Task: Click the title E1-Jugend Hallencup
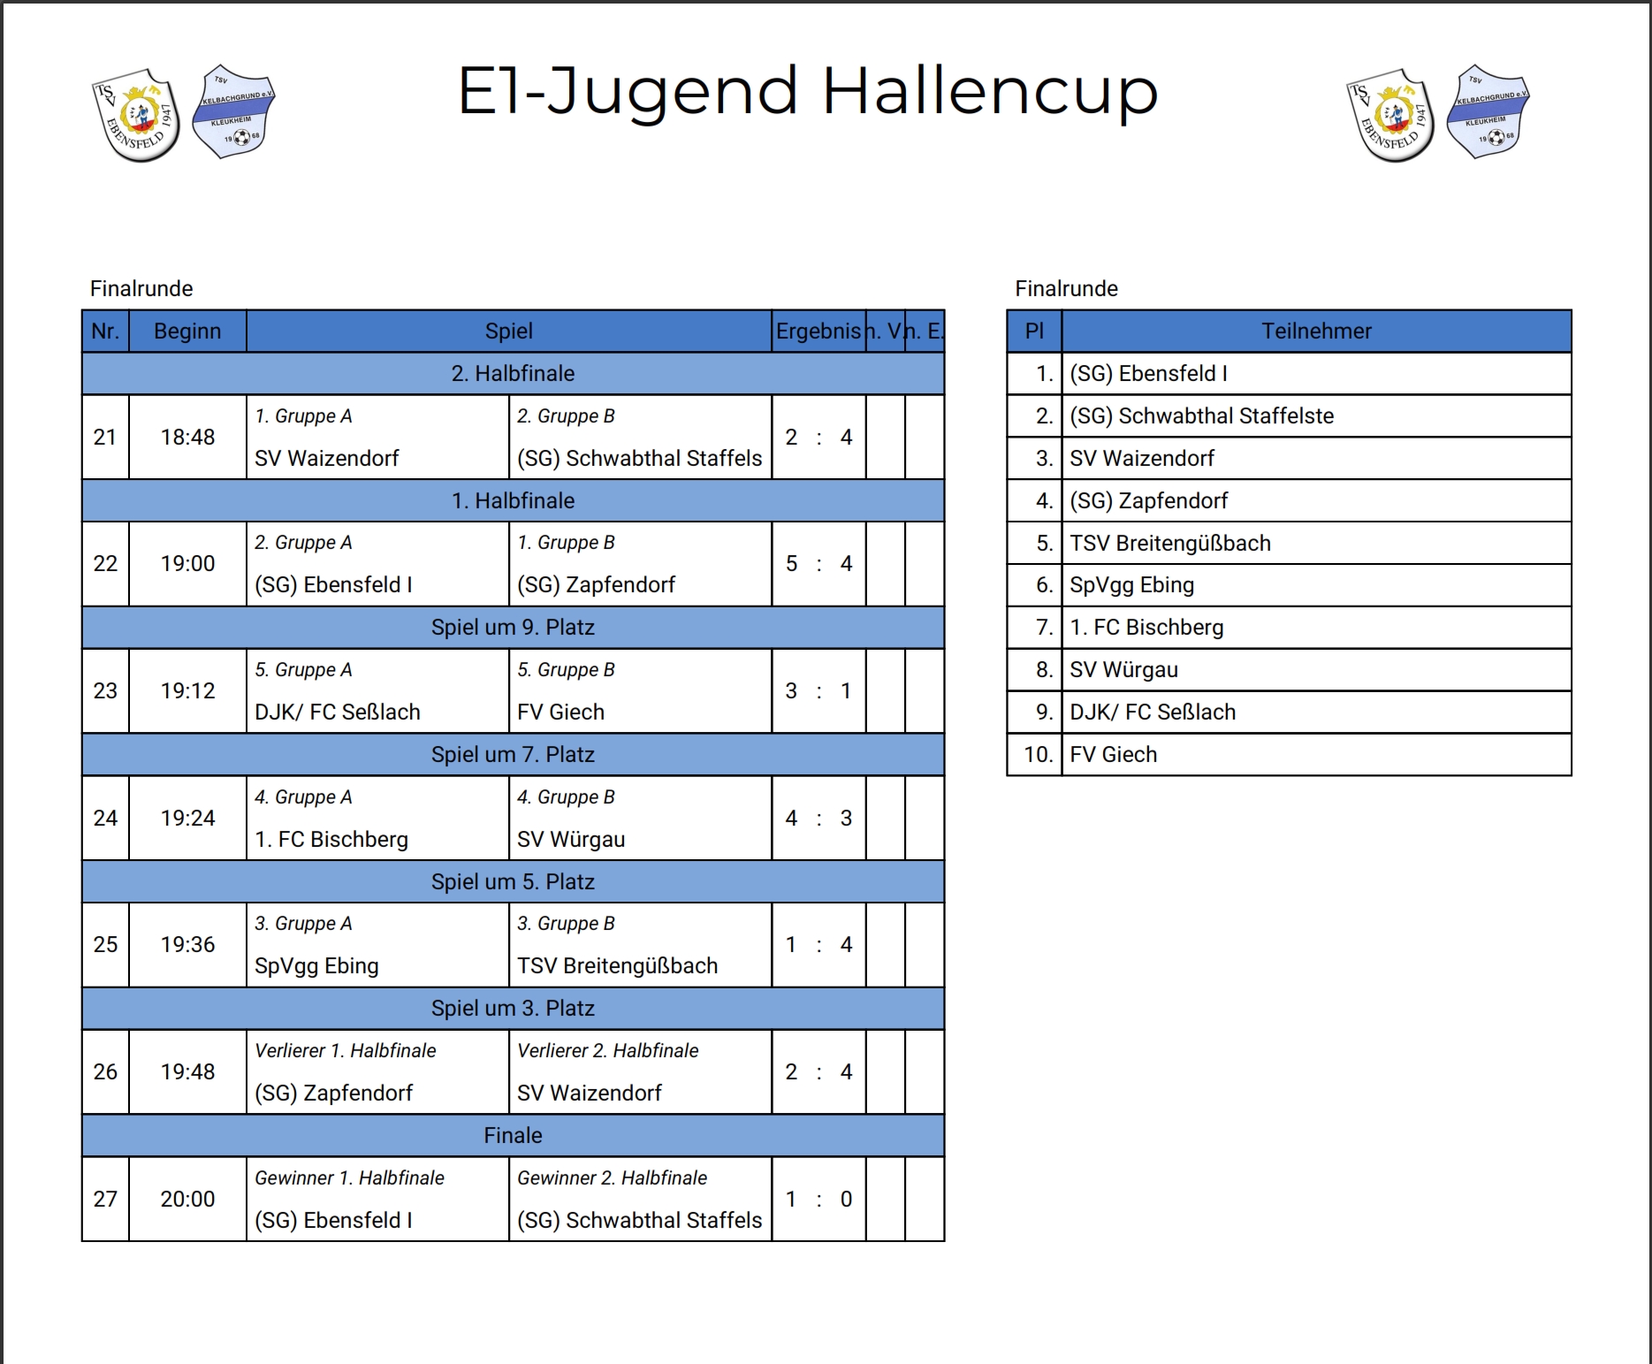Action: [807, 91]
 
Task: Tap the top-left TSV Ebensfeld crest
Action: [136, 116]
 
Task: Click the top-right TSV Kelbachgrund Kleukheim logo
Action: [1488, 111]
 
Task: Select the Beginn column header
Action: [187, 331]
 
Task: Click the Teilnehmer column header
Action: [1316, 331]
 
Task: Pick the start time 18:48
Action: [187, 437]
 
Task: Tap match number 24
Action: [105, 818]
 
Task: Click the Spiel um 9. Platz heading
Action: [513, 628]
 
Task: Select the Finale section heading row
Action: [513, 1135]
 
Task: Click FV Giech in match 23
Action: [560, 712]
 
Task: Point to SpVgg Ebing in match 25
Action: [316, 966]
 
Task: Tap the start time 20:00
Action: [187, 1199]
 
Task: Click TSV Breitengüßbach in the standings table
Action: [1170, 543]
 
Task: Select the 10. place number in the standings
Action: [1039, 754]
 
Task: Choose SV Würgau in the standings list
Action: [1123, 670]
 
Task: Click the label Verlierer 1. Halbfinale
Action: [346, 1050]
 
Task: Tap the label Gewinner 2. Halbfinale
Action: [613, 1177]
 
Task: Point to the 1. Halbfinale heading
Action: [513, 500]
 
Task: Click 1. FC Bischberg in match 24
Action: [331, 839]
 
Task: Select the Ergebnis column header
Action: [818, 331]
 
